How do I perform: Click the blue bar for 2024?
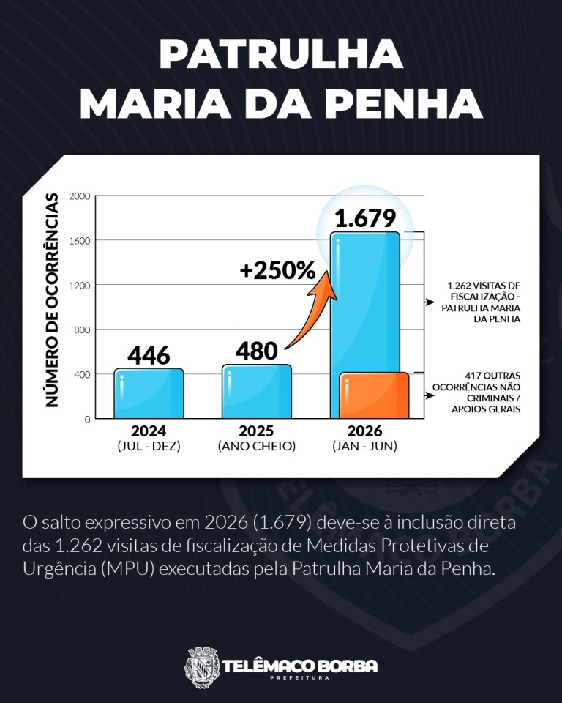tap(149, 394)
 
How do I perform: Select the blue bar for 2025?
tap(257, 391)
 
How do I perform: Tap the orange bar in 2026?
tap(374, 395)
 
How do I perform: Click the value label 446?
tap(149, 356)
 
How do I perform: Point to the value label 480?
tap(257, 351)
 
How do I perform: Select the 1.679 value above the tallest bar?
tap(365, 218)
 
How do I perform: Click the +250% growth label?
tap(278, 270)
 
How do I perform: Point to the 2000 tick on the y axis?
tap(79, 196)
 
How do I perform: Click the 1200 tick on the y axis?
tap(79, 285)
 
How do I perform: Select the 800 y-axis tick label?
tap(81, 330)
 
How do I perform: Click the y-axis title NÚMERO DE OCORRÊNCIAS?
tap(53, 300)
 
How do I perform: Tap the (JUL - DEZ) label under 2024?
tap(149, 446)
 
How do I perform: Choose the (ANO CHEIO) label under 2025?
tap(257, 446)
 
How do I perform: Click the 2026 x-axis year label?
tap(365, 431)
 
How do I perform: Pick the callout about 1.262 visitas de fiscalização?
tap(481, 302)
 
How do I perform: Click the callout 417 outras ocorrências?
tap(476, 393)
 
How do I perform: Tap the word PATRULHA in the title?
tap(282, 53)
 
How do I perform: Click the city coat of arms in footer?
tap(202, 668)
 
